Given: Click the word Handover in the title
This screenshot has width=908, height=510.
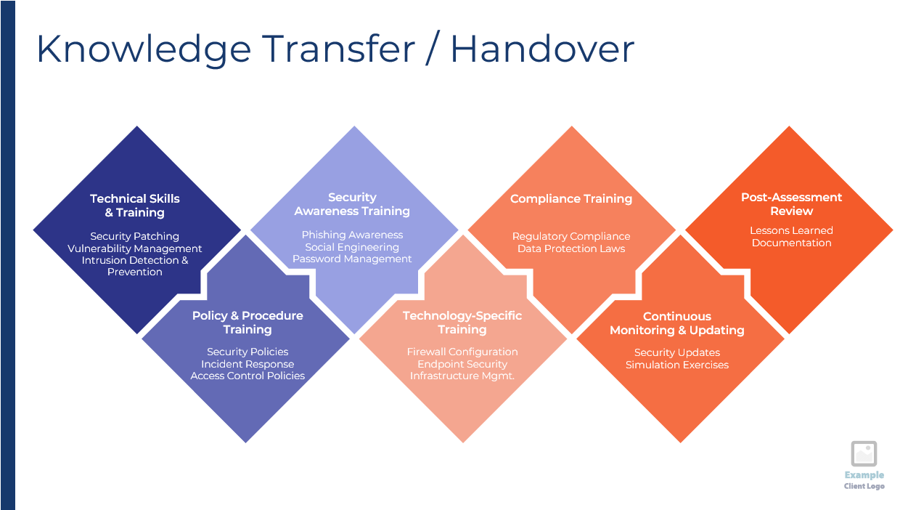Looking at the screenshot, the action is tap(542, 49).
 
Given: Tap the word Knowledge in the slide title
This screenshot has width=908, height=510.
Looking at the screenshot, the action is tap(144, 50).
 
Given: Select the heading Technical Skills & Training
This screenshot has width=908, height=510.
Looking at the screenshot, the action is tap(134, 206).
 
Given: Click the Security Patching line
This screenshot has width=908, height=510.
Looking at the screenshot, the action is tap(134, 236).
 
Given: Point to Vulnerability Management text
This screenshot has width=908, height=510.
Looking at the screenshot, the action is tap(134, 248).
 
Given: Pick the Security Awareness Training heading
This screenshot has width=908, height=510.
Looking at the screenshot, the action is tap(352, 204).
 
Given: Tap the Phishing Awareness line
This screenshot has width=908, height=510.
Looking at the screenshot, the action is tap(352, 235).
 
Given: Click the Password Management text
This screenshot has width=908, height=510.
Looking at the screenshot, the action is tap(352, 259).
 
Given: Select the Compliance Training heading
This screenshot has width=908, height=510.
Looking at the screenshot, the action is tap(571, 199).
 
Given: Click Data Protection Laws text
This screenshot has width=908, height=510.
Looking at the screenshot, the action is tap(571, 248).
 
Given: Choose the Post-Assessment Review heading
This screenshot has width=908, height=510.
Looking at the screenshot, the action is tap(791, 204).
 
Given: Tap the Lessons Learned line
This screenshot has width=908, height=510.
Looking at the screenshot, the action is tap(791, 230).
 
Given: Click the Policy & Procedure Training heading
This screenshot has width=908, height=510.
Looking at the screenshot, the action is tap(248, 323).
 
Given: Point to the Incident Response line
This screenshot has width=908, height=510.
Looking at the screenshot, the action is tap(248, 364).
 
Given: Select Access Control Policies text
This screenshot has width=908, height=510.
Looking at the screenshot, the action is tap(248, 376).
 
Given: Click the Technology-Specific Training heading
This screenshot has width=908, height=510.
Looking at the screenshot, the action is tap(462, 323).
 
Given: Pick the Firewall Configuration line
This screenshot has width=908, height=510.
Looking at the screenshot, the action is tap(462, 352).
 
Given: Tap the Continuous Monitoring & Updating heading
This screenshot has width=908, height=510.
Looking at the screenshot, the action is tap(677, 323).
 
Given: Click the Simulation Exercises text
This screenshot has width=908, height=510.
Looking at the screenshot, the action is tap(677, 365).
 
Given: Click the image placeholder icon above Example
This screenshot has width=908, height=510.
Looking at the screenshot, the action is tap(864, 453).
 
